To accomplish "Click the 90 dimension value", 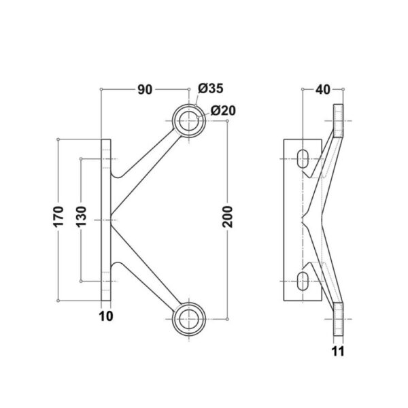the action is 145,90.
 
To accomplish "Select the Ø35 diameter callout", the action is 211,88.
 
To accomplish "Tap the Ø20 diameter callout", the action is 223,111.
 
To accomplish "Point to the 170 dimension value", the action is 58,216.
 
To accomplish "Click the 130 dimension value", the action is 81,216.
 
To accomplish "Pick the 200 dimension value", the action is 227,216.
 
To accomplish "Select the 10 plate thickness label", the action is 106,316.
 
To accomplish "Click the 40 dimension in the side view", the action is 322,90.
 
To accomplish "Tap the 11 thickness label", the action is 338,352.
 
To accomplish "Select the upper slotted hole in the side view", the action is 303,158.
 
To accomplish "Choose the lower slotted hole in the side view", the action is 303,282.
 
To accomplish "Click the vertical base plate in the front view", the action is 106,220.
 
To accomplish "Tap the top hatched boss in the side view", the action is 338,121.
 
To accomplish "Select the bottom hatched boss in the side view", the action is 338,320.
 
